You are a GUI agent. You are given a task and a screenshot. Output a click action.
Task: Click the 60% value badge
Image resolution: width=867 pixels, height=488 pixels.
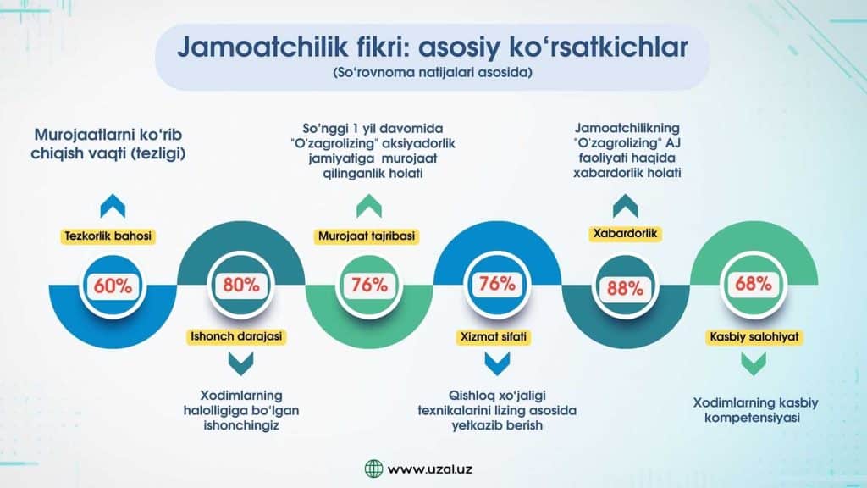coord(113,286)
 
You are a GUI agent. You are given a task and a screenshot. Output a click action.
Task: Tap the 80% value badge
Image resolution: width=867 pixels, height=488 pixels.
coord(240,285)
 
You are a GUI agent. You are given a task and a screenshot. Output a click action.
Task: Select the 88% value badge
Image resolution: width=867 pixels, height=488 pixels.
coord(626,288)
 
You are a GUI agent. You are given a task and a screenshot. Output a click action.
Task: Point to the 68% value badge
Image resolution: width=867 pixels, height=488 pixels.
coord(753,284)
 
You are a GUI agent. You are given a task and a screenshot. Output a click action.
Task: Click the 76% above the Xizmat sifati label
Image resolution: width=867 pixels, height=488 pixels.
coord(497,284)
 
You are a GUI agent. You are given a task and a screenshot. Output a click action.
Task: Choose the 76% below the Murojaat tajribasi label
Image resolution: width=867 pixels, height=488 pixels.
coord(369,285)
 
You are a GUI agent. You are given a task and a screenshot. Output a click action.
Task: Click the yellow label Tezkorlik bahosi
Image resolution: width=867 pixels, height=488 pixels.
coord(108,236)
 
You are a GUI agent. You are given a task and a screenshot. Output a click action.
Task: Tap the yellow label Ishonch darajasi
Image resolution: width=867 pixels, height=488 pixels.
coord(236,336)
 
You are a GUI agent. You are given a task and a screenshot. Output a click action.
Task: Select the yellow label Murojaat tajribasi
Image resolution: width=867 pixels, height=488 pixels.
coord(367,236)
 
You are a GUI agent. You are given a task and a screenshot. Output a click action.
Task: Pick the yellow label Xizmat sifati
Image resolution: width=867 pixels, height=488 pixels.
coord(494,337)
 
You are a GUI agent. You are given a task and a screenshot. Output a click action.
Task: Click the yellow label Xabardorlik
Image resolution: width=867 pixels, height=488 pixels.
coord(626,234)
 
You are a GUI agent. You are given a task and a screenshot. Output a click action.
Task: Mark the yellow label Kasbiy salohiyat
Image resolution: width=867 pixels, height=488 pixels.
coord(754,337)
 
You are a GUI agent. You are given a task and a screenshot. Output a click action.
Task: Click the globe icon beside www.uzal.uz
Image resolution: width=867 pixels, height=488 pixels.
coord(373,469)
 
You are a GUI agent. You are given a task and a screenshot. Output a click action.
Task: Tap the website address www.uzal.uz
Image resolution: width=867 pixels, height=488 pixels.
coord(429,469)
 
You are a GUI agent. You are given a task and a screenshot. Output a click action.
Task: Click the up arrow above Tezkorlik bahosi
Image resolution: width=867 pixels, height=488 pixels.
coord(113,206)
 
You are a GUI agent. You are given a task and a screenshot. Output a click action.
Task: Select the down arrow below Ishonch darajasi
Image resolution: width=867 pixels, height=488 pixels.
coord(241,364)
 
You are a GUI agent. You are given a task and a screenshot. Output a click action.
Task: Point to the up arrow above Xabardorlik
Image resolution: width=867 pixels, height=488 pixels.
coord(626,206)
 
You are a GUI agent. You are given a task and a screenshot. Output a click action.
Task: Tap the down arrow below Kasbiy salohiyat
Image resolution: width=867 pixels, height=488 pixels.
coord(754,364)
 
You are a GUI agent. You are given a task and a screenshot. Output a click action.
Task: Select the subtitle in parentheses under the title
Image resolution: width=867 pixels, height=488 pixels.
coord(433,73)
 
